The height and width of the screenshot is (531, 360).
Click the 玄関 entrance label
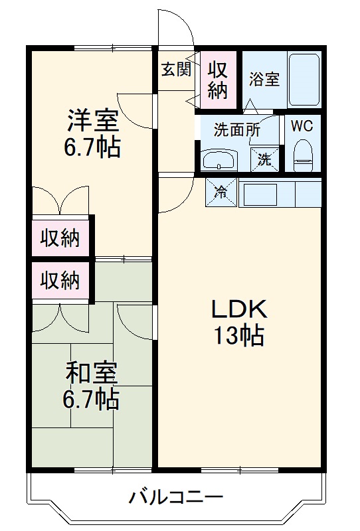(176, 69)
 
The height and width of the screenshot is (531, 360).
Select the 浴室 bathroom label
(264, 79)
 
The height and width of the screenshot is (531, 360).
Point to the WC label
(303, 125)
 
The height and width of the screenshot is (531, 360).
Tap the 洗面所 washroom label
(236, 130)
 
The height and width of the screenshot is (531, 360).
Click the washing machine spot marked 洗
(264, 159)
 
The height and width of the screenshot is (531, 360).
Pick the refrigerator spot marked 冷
(220, 192)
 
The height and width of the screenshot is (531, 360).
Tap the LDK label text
(238, 309)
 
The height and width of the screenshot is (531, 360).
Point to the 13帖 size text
(238, 337)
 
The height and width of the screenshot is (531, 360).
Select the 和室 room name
(92, 373)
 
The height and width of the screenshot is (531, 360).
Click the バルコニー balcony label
(176, 496)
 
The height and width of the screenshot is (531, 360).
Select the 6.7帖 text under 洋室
(92, 147)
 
